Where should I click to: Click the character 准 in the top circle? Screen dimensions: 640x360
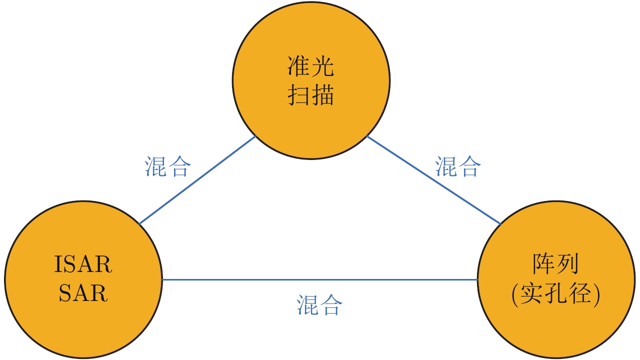[x=298, y=66]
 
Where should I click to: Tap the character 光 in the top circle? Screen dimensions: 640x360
[x=322, y=66]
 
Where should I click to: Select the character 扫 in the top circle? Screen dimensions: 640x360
[x=298, y=95]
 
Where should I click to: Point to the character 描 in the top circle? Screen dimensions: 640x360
[x=322, y=95]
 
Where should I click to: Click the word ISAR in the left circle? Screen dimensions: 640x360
[x=83, y=264]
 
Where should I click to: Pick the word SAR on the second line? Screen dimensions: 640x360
[x=83, y=293]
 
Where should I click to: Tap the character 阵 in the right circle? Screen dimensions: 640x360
[x=543, y=263]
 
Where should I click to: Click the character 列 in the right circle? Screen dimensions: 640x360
[x=567, y=263]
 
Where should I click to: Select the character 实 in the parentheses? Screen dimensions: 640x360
[x=531, y=293]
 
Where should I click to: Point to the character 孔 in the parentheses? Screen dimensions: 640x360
[x=555, y=293]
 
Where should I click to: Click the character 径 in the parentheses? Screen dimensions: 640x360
[x=579, y=293]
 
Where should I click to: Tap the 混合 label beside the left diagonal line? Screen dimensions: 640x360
[x=167, y=166]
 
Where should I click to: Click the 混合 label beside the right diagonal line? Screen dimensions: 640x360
[x=458, y=166]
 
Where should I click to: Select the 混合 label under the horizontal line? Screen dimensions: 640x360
[x=319, y=304]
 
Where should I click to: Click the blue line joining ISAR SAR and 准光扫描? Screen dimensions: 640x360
[x=197, y=180]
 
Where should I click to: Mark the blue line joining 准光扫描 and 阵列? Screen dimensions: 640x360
[x=433, y=180]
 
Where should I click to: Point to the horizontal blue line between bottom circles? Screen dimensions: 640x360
[x=319, y=279]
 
